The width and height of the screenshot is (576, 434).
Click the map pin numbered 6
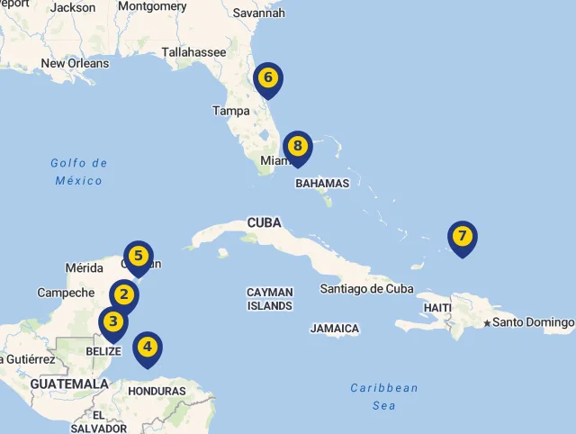tap(267, 78)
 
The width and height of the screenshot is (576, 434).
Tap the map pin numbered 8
tap(297, 146)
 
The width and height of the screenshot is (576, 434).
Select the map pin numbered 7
tap(462, 238)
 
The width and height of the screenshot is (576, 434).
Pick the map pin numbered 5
tap(138, 257)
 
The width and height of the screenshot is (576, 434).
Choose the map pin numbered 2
tap(124, 294)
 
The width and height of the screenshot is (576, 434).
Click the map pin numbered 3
tap(112, 321)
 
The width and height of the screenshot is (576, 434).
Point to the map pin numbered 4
tap(147, 347)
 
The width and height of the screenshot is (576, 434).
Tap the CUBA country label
tap(264, 222)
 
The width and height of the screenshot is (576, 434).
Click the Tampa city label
tap(231, 111)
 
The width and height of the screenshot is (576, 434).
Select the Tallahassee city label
tap(193, 52)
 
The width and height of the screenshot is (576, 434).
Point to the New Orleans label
tap(75, 64)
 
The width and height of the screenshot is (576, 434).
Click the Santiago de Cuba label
tap(366, 289)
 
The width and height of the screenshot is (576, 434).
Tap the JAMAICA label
tap(334, 329)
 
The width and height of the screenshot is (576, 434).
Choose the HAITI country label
tap(436, 308)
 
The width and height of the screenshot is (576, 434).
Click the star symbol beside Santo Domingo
tap(487, 322)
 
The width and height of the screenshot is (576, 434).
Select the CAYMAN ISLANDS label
tap(269, 299)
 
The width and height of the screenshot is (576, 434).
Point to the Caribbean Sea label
tap(384, 396)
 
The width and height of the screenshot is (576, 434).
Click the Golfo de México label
tap(79, 172)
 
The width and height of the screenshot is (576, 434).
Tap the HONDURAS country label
tap(157, 392)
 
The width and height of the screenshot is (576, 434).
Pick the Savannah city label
tap(258, 14)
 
